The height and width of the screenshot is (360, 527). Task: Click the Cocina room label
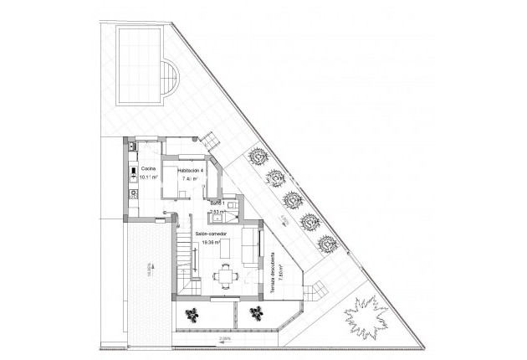[149, 168]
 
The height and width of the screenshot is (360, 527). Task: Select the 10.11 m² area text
[149, 177]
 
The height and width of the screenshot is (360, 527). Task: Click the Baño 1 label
[217, 204]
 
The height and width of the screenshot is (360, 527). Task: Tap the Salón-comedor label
[211, 234]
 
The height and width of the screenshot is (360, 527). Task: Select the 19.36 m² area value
[211, 243]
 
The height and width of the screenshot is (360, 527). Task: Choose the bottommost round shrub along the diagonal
[325, 244]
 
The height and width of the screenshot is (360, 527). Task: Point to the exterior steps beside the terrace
[316, 290]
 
